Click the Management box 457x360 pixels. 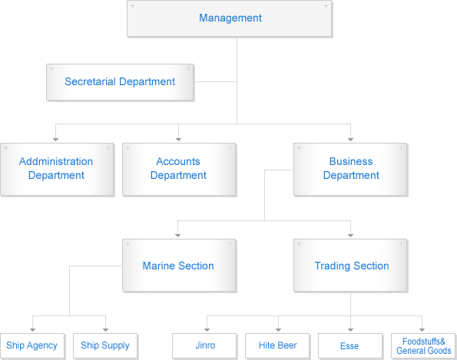230,18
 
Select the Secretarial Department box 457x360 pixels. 120,82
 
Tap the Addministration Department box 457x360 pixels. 57,169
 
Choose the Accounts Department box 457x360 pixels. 179,169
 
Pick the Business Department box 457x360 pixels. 350,169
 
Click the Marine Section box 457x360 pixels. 179,266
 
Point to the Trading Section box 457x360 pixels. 350,266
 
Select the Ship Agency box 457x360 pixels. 32,345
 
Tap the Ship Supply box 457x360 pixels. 105,345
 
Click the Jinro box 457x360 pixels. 204,345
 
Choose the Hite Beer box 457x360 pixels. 277,345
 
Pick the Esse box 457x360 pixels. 350,345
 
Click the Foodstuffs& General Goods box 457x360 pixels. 423,345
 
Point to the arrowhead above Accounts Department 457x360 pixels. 179,140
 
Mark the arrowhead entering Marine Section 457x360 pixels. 177,236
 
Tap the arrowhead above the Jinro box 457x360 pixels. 207,330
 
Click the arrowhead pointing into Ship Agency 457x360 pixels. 32,330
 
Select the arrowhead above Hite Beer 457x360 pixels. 278,330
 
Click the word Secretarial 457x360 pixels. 91,81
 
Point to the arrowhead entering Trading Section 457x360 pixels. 350,236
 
